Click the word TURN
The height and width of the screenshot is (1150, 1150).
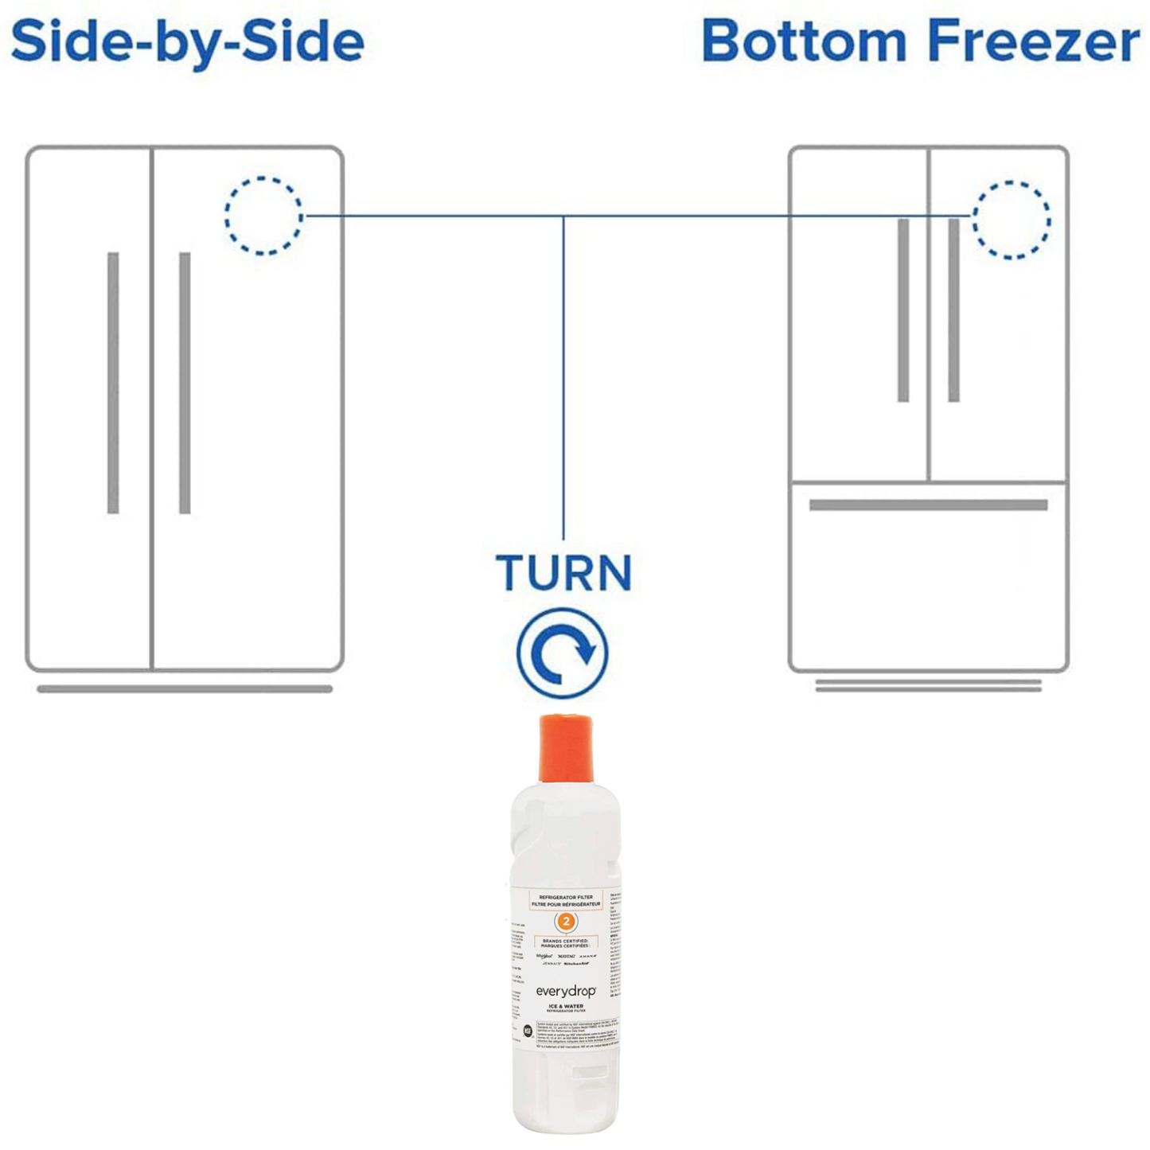tap(563, 573)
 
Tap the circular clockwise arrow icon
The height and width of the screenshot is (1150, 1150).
tap(563, 653)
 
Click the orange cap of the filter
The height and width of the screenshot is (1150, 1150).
tap(566, 748)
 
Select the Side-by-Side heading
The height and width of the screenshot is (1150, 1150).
tap(188, 41)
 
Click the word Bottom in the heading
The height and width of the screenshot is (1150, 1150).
tap(804, 41)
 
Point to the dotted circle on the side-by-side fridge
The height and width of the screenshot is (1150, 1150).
tap(263, 216)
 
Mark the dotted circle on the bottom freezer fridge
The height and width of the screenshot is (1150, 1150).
tap(1011, 220)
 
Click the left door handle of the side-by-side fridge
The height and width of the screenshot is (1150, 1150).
tap(113, 383)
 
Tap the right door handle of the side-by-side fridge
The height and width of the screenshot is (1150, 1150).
tap(185, 383)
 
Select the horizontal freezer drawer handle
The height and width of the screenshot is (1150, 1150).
tap(928, 505)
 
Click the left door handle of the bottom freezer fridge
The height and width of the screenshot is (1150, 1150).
tap(903, 310)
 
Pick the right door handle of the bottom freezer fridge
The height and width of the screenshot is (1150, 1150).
tap(953, 310)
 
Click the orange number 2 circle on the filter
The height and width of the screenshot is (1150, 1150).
tap(566, 922)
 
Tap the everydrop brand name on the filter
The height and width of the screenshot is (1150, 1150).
tap(565, 992)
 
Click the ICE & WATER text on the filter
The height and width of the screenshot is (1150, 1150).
tap(566, 1006)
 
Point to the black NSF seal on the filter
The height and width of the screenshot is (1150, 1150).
tap(528, 1031)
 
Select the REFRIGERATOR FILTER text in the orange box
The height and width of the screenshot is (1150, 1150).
tap(566, 897)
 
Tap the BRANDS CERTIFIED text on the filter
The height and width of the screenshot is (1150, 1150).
tap(566, 941)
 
